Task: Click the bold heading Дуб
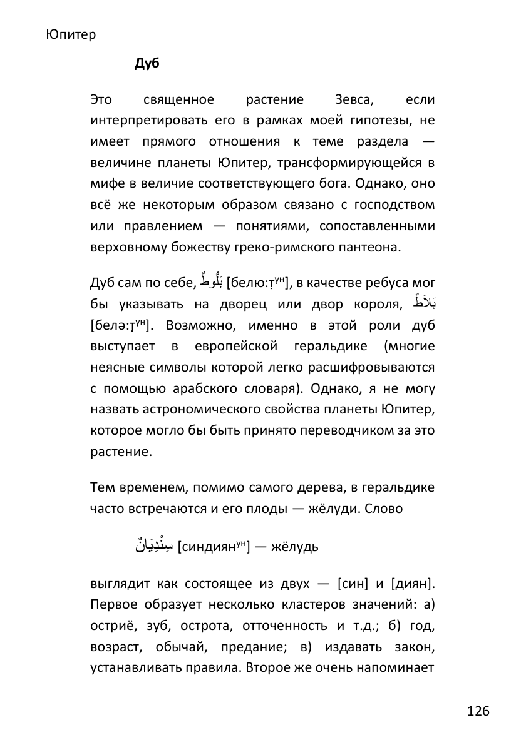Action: pyautogui.click(x=147, y=64)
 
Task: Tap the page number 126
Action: pyautogui.click(x=478, y=711)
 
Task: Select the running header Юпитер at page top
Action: pyautogui.click(x=71, y=34)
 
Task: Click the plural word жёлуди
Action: pyautogui.click(x=334, y=509)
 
